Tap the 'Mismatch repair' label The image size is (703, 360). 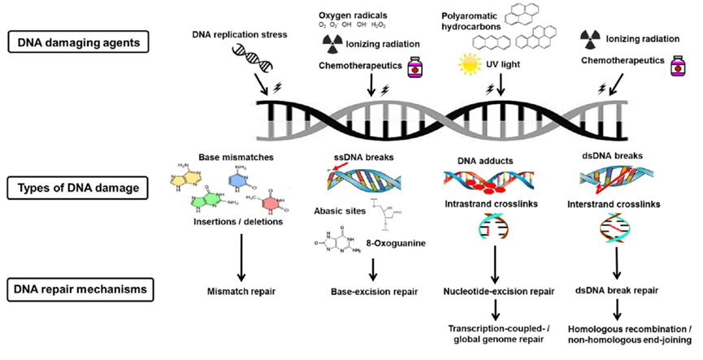241,291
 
